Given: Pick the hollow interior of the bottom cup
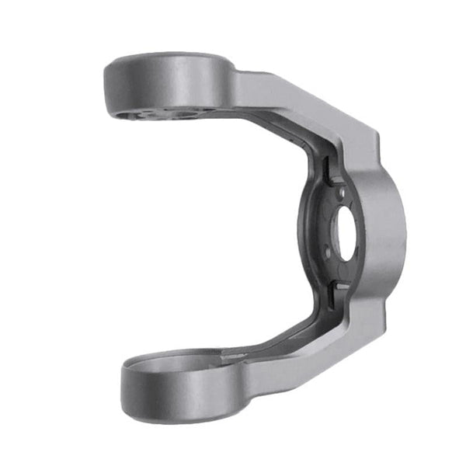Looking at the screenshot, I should click(x=175, y=364).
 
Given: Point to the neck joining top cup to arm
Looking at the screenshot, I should click(x=237, y=85).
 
